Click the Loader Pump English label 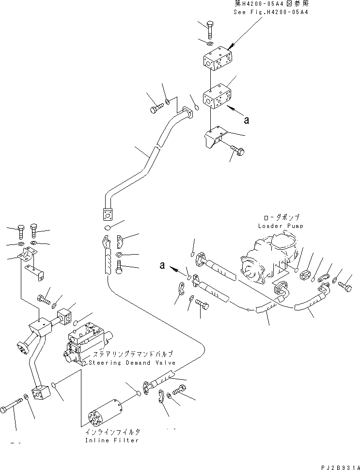281,226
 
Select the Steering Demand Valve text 129,362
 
